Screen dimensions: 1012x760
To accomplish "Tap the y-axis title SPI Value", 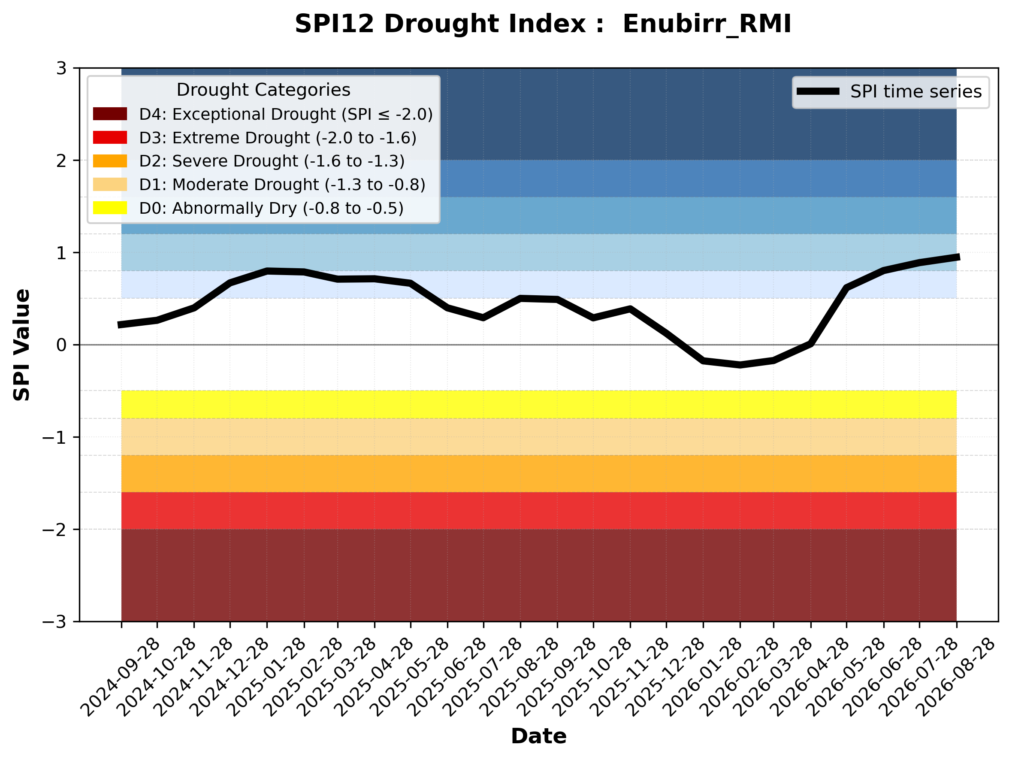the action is click(21, 345).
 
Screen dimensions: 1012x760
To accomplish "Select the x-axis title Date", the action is click(538, 736).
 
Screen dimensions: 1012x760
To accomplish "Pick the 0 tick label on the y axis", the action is click(61, 345).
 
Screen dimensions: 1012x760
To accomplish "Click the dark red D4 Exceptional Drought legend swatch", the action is click(110, 114).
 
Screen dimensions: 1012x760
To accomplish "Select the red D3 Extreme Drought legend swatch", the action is click(110, 137).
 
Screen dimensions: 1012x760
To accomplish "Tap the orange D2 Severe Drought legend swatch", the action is click(110, 161).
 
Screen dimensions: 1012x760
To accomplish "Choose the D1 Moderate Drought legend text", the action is click(282, 185).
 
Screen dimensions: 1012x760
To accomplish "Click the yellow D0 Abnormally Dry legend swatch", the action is click(110, 208).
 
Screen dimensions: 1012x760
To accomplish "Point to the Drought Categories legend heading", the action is click(263, 90).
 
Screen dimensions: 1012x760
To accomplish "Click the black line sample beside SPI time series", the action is click(818, 91).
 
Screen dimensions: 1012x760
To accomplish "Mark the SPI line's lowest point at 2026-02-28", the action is click(740, 365).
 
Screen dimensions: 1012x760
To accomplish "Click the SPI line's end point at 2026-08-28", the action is click(957, 257).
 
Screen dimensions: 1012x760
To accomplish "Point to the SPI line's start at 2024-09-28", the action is click(120, 325).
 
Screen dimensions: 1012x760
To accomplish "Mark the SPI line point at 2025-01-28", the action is click(267, 271).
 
